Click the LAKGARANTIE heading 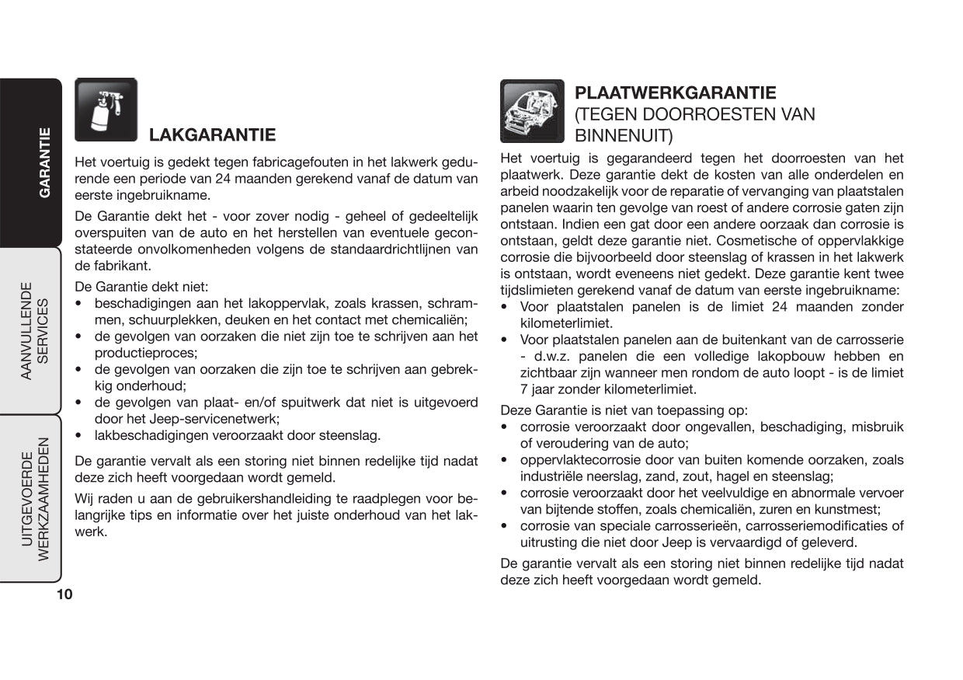click(x=212, y=135)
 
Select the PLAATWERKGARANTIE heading click(x=675, y=93)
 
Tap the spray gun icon click(x=106, y=110)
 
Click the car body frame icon click(x=532, y=111)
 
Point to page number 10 click(x=64, y=595)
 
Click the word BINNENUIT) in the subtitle click(x=624, y=135)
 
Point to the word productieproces click(x=144, y=352)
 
